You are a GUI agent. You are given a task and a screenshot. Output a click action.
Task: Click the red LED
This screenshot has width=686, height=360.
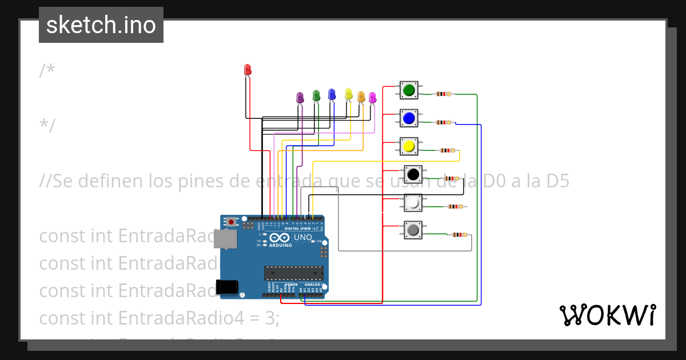point(248,70)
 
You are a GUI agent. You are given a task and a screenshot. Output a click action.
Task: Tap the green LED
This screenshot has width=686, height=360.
point(316,95)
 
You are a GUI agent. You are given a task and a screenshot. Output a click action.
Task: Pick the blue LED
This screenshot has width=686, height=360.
point(332,94)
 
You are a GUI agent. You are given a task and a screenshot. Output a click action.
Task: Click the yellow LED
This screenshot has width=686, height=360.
point(349,94)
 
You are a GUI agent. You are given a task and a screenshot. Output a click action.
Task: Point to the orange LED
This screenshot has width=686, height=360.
point(361,97)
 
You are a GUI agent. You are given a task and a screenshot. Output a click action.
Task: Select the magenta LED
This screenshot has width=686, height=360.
point(373,98)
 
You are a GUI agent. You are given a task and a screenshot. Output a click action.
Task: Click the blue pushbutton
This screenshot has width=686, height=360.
point(409,118)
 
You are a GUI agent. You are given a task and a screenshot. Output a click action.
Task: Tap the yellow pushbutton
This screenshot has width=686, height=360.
point(409,147)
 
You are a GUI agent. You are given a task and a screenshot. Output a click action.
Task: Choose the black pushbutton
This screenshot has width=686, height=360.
point(413,174)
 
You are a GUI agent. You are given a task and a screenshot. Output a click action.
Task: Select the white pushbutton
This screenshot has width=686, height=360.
point(413,202)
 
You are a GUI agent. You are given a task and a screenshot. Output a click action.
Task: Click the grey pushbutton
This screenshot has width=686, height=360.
point(413,230)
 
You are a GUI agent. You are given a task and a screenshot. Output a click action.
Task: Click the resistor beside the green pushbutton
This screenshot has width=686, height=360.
point(443,94)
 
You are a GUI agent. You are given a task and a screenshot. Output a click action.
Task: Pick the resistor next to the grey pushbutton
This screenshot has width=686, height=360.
point(459,235)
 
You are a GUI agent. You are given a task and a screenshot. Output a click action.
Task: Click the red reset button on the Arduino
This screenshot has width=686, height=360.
point(231,222)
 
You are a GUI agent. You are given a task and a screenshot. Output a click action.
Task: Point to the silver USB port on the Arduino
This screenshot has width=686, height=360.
point(224,239)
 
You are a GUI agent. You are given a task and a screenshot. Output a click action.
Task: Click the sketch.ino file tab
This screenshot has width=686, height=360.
point(101,25)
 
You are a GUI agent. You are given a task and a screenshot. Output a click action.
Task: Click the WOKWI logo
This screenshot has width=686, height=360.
point(607,315)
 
